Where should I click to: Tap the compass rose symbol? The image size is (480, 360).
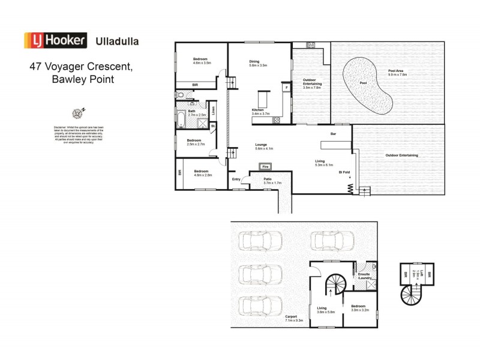point(78,112)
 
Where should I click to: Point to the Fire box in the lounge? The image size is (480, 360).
point(263,166)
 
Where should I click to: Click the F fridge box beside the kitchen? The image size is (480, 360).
point(286,88)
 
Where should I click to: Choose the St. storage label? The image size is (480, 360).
point(212,126)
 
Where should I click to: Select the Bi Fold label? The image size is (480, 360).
point(344,172)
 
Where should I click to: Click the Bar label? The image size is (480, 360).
point(334,134)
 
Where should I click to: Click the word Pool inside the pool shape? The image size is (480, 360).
point(363,83)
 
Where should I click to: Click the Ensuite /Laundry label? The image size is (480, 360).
point(365,276)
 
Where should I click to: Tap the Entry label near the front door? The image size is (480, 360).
point(236,179)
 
